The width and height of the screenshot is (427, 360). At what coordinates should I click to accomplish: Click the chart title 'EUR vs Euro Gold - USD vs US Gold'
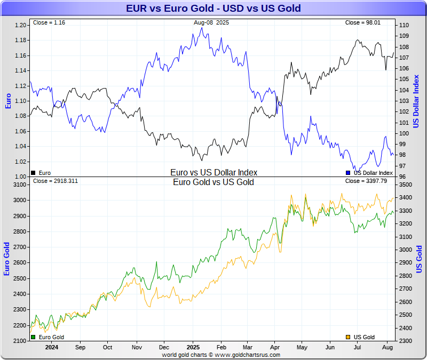213,8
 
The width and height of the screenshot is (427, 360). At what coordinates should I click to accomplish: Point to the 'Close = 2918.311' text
56,181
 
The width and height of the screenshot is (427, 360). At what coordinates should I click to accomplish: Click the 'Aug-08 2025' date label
212,22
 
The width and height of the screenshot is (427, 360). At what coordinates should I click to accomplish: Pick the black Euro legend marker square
34,173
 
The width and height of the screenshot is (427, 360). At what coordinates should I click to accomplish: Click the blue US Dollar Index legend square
348,173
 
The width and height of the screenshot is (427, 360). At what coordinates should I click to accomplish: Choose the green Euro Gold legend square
34,337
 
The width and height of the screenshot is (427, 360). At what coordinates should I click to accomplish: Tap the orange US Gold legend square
348,337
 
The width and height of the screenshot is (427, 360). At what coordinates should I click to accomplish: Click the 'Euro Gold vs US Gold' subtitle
213,182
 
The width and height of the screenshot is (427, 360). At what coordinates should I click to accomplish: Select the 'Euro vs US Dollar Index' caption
213,172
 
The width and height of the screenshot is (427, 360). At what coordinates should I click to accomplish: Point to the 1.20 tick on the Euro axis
21,25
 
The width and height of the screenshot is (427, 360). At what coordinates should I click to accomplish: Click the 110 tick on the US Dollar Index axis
404,25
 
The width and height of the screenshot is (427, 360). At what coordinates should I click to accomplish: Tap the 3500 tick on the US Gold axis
405,185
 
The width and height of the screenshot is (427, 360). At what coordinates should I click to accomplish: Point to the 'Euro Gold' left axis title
7,259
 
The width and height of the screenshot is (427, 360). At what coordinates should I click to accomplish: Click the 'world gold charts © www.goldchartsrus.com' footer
213,354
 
